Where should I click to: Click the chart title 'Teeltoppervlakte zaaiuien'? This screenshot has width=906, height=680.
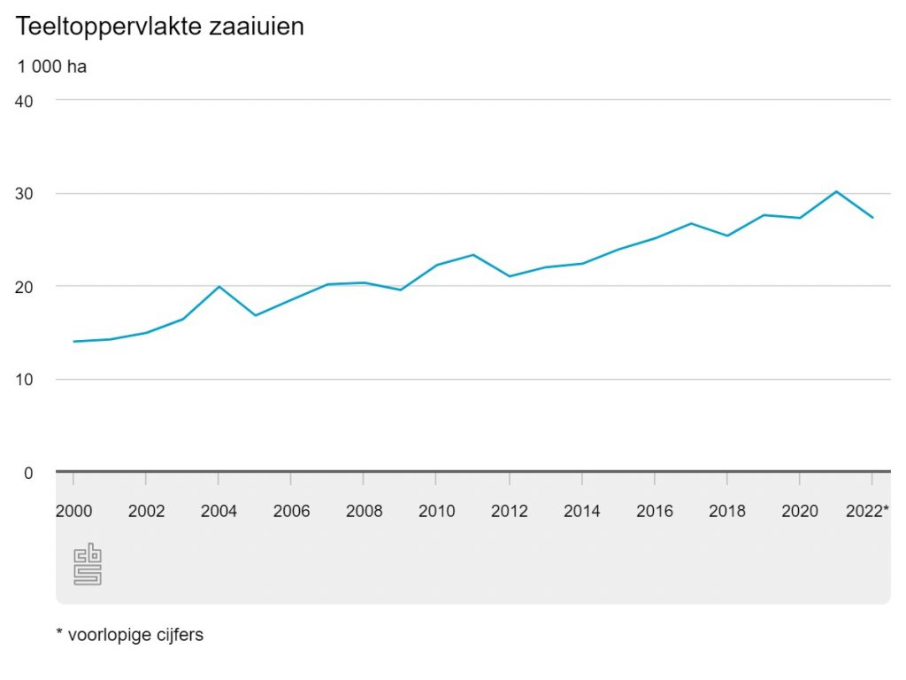point(159,27)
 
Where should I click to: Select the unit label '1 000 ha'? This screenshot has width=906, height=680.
point(51,66)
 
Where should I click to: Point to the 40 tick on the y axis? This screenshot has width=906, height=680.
point(24,101)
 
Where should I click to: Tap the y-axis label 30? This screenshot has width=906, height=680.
point(24,194)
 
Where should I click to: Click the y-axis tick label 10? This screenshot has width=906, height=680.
point(24,380)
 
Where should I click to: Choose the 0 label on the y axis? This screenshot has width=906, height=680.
point(28,473)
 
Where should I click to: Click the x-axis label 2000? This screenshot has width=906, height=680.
point(73,511)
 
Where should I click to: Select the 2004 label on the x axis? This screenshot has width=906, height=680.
point(219,511)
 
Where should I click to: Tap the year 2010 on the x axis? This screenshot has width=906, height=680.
point(436,511)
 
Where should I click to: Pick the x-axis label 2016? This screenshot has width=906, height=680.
point(654,511)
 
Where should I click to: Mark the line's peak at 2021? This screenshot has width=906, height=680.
point(836,191)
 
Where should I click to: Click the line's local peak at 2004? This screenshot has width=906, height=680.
point(219,287)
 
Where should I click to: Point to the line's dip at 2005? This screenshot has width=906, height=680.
point(255,315)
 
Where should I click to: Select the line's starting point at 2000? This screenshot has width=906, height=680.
point(73,341)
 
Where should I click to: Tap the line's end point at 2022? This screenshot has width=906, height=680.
point(872,217)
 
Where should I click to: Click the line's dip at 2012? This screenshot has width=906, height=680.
point(509,276)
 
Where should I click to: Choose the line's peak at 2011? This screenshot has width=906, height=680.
point(472,255)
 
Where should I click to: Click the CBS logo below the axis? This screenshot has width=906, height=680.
point(88,565)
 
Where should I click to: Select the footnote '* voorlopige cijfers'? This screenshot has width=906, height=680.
point(129,635)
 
